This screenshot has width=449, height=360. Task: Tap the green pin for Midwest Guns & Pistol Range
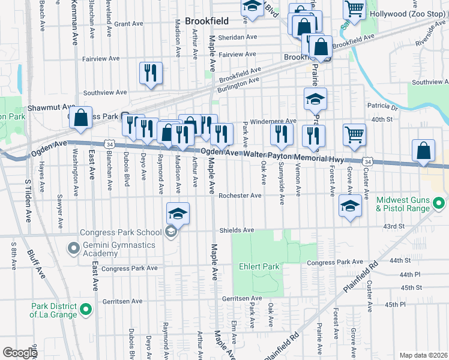(439, 204)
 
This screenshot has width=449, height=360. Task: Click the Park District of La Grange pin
(86, 310)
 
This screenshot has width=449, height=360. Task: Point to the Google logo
(20, 353)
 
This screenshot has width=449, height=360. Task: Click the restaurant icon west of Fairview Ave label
(151, 73)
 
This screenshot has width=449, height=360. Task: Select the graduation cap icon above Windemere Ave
(315, 99)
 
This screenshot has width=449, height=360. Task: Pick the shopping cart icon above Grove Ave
(354, 135)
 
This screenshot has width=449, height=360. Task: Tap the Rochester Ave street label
(240, 196)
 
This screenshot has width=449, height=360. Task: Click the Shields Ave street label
(237, 230)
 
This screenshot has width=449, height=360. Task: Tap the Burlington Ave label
(238, 83)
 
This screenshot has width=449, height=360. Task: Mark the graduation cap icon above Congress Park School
(178, 213)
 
